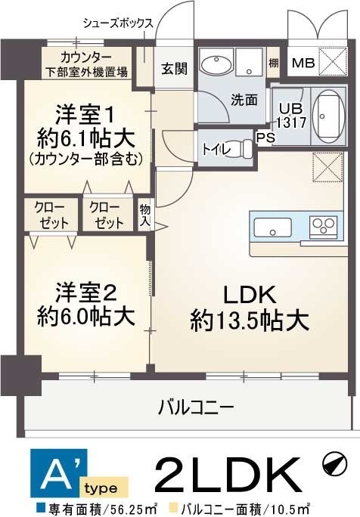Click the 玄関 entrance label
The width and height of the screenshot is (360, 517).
173,67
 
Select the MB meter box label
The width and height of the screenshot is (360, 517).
303,62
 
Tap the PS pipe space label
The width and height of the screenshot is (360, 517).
265,138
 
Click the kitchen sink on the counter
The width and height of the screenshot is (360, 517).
272,227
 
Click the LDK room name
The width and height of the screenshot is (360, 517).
249,294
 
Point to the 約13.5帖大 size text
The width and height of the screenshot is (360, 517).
249,320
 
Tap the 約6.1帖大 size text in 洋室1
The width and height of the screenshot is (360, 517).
85,138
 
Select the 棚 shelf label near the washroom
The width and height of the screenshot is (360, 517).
274,62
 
